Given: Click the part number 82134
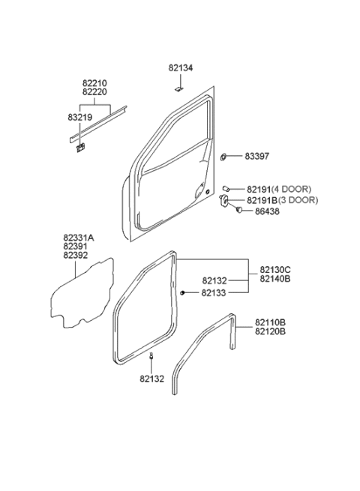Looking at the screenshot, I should [x=181, y=67].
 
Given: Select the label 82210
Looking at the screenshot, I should [x=95, y=82].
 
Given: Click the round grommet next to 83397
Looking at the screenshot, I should [x=225, y=157].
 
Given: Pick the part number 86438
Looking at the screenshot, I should [x=257, y=213].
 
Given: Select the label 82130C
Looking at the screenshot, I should [x=276, y=269].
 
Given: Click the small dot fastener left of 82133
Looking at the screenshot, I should [x=184, y=292].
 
